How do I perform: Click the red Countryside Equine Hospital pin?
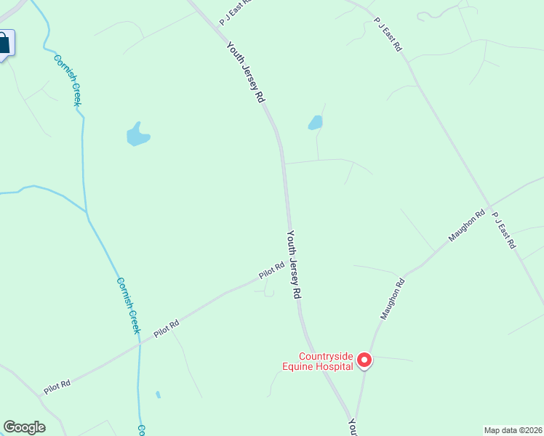pos(365,360)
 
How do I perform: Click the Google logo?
pos(24,427)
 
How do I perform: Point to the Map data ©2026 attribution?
pos(513,430)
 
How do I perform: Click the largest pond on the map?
pos(137,134)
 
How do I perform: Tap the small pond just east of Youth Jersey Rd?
pos(315,123)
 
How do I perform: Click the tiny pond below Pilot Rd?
pos(158,395)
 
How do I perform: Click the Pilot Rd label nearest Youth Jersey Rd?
pos(271,271)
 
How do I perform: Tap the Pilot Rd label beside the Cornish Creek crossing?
pos(166,329)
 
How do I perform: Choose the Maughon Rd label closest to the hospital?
pos(391,298)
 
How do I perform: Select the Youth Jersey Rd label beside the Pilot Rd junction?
pos(294,265)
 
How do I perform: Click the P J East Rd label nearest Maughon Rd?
pos(503,230)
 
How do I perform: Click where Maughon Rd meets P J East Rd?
pos(489,205)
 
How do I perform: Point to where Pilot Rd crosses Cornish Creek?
pos(140,344)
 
